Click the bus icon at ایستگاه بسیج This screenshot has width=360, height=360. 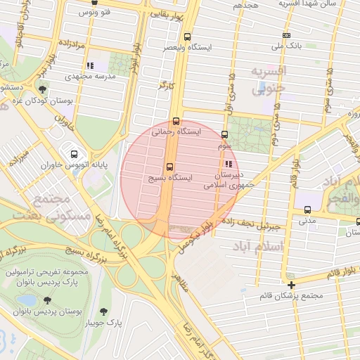[x=169, y=167]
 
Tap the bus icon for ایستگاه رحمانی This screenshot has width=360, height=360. [x=176, y=120]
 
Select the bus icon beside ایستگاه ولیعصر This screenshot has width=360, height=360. [x=187, y=37]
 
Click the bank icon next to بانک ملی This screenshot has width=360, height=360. [x=286, y=35]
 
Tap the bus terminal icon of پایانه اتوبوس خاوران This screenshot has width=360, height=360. [x=73, y=153]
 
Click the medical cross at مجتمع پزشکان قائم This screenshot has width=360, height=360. [x=291, y=285]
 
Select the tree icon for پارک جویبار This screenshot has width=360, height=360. [x=105, y=311]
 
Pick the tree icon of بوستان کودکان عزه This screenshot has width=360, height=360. [x=42, y=89]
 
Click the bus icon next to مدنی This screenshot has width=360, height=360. [x=308, y=209]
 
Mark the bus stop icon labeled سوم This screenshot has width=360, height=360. [x=225, y=134]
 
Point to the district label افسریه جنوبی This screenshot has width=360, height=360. [x=269, y=80]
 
